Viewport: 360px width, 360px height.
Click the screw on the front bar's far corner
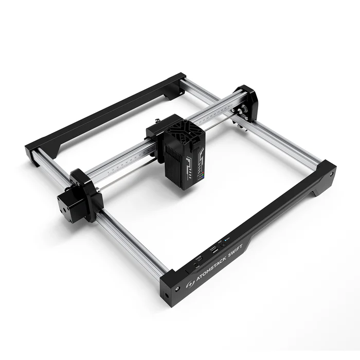tap(330, 174)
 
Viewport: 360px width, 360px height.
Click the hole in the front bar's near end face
tap(166, 297)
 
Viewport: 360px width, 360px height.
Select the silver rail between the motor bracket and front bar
tap(131, 242)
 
